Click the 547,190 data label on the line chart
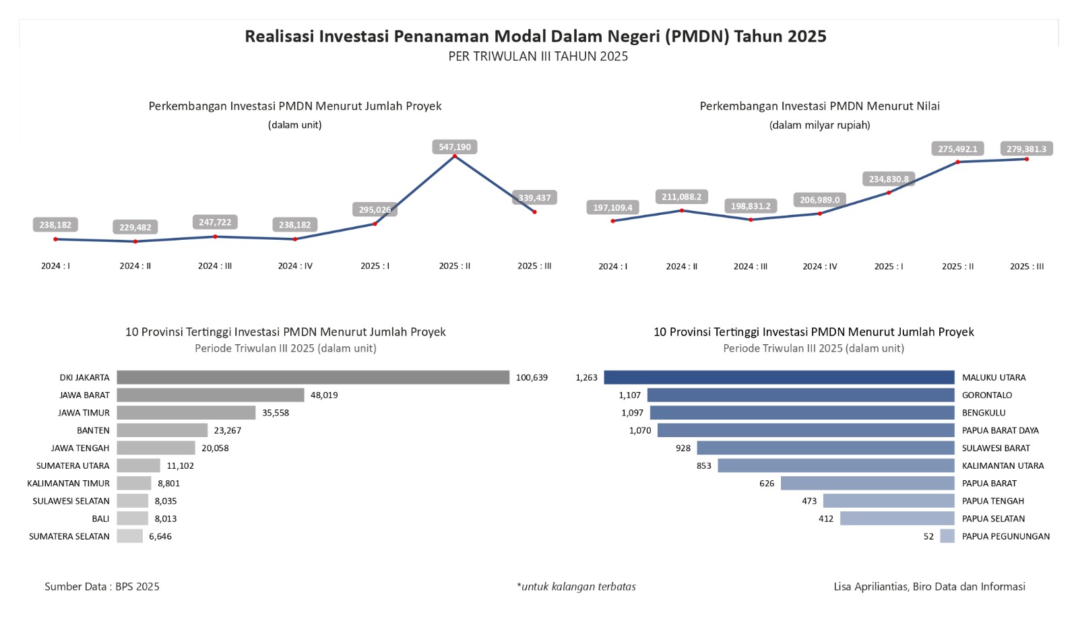(455, 147)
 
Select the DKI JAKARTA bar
(313, 377)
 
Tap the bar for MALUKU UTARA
(779, 377)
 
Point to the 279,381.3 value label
(1026, 149)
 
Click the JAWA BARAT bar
(210, 395)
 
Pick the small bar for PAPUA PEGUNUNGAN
(947, 536)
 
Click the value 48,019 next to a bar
(324, 395)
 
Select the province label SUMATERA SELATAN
(69, 537)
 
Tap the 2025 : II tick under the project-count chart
(455, 266)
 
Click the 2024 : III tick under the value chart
(751, 267)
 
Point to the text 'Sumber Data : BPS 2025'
(102, 587)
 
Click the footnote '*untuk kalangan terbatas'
(576, 587)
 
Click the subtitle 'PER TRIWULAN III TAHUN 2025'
(538, 57)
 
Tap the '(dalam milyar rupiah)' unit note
(819, 125)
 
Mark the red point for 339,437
(535, 212)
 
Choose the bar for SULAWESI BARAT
(825, 448)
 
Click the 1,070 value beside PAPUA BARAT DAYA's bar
(640, 430)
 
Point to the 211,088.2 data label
(681, 197)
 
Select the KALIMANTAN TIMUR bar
(134, 483)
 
